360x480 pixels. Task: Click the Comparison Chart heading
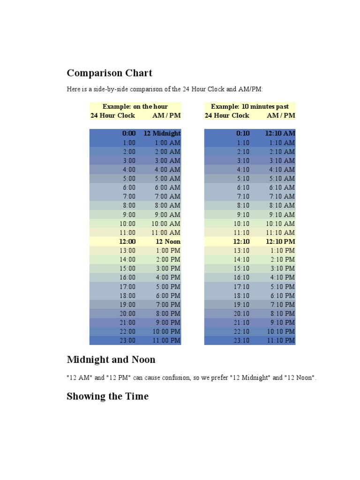(109, 73)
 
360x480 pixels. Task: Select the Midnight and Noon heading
(111, 360)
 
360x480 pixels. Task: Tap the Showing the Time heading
(107, 396)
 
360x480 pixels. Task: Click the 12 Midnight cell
(162, 133)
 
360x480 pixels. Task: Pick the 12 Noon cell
(168, 241)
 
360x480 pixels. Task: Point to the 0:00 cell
(128, 133)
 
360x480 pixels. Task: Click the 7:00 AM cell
(167, 196)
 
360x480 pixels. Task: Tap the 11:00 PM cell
(165, 340)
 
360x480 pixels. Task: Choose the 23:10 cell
(241, 340)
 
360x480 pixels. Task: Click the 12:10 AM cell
(280, 133)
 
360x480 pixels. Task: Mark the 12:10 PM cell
(280, 241)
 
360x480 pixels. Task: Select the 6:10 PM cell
(282, 295)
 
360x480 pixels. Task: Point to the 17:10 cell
(241, 286)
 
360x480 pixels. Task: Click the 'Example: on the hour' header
(135, 106)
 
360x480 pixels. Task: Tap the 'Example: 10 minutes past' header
(249, 106)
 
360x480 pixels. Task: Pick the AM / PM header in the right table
(281, 115)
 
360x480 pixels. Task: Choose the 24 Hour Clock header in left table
(112, 115)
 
